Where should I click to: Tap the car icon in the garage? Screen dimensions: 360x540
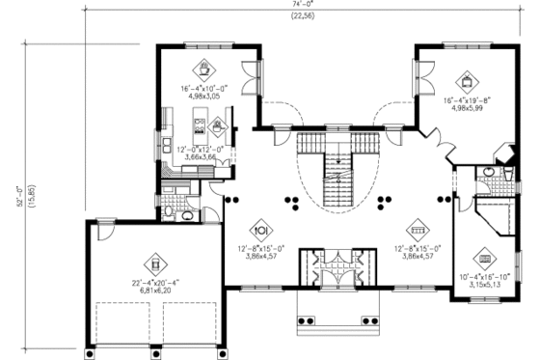click(153, 260)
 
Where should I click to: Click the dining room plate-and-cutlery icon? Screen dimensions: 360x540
click(259, 231)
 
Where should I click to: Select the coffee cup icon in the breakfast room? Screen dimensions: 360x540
click(204, 69)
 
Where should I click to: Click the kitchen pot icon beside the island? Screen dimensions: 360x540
click(218, 124)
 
